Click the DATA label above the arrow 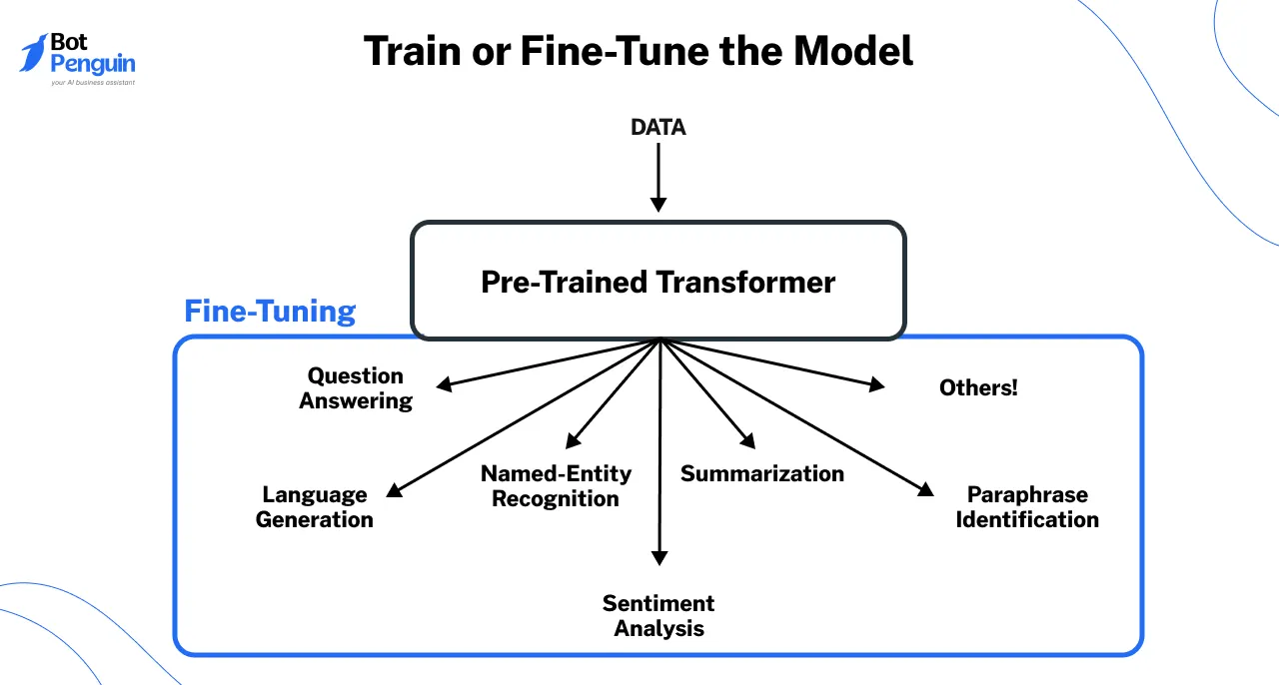[658, 128]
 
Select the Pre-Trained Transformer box [658, 281]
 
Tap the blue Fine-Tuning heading [270, 312]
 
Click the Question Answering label [356, 388]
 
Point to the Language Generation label [315, 507]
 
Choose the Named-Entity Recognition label [556, 485]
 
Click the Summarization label [762, 473]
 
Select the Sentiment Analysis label [658, 616]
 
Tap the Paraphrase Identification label [1027, 507]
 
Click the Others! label [978, 388]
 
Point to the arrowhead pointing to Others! [876, 384]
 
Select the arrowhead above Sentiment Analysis [658, 557]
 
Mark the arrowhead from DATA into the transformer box [658, 204]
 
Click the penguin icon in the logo [34, 53]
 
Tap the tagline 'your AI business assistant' [92, 83]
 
